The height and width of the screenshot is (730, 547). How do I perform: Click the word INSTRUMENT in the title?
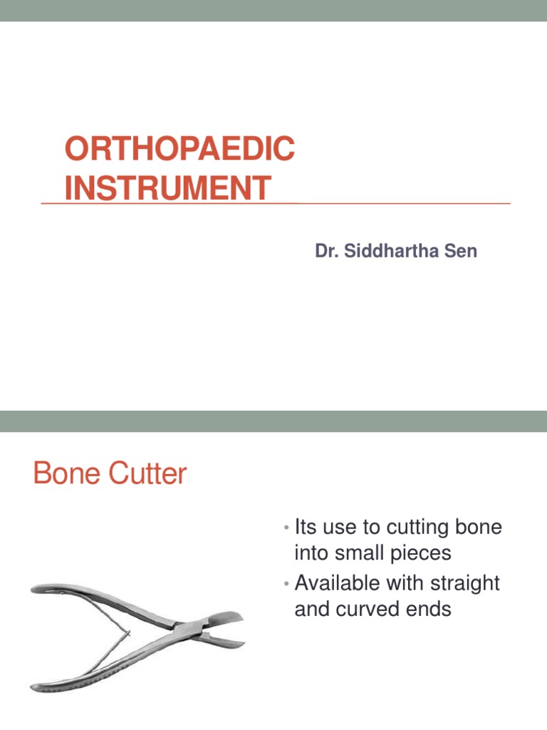click(167, 188)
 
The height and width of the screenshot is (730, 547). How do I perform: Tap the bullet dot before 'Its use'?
click(284, 529)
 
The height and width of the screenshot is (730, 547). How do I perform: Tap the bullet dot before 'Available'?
click(284, 585)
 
